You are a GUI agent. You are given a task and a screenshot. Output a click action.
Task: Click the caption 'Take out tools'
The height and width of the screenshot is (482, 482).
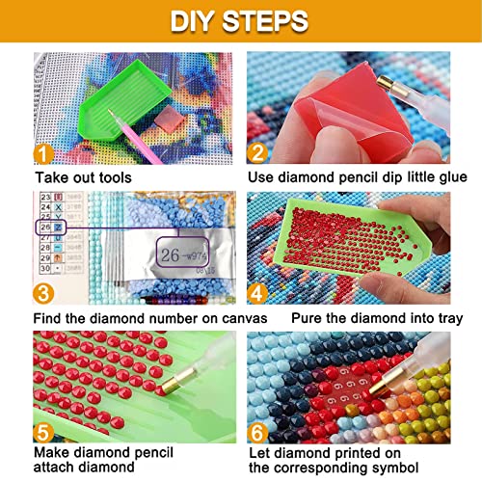(x=83, y=177)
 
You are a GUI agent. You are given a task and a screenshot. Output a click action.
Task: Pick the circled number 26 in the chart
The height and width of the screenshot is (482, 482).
(x=42, y=228)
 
